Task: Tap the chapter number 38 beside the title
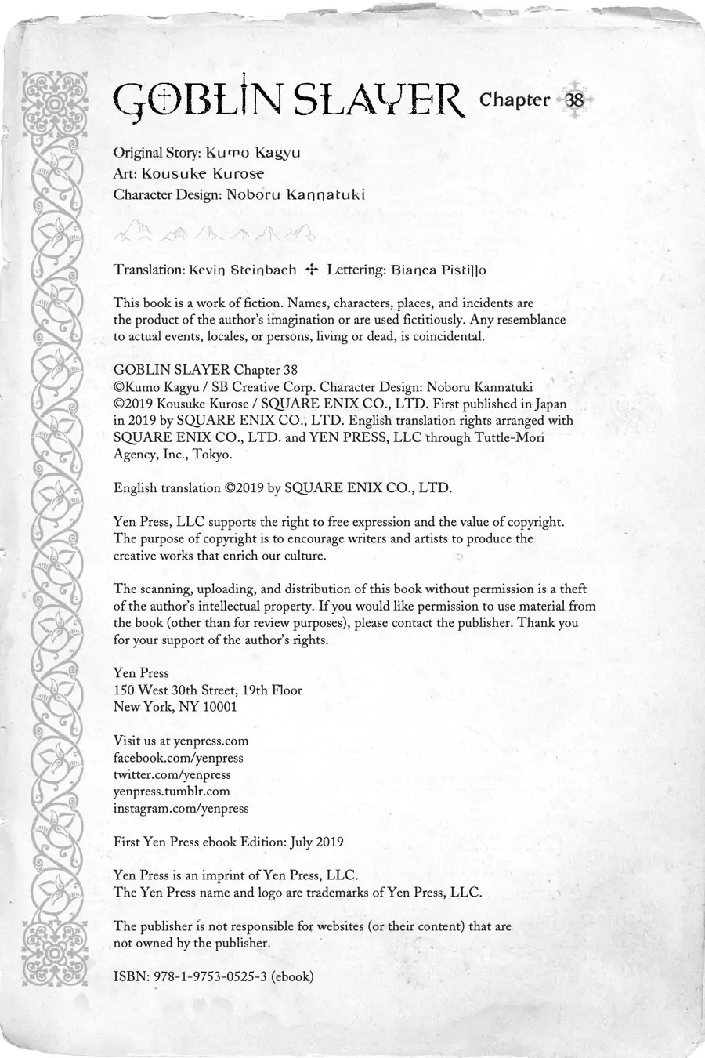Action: [x=574, y=100]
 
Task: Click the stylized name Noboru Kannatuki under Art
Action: [x=295, y=194]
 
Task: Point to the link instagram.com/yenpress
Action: [x=181, y=808]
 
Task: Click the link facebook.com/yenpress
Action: [x=179, y=758]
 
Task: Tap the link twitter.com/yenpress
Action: [x=172, y=774]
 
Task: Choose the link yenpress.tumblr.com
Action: [x=172, y=792]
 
